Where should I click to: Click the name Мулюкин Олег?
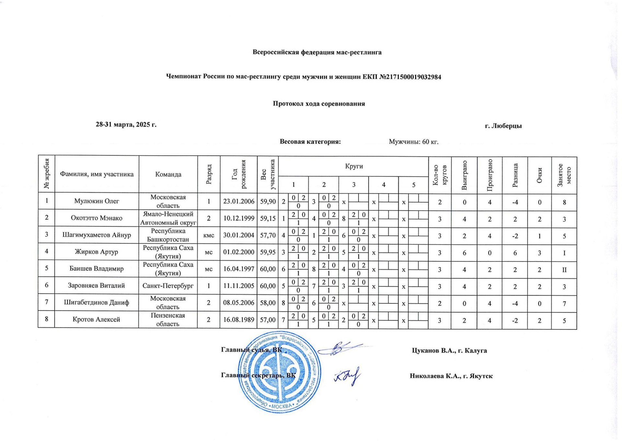click(x=97, y=201)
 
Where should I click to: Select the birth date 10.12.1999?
click(x=238, y=218)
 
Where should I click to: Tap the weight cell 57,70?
click(x=268, y=235)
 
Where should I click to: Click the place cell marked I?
click(x=564, y=253)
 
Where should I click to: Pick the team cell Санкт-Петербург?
click(x=168, y=286)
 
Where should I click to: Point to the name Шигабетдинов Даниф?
click(x=97, y=302)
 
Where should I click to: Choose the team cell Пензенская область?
click(x=168, y=319)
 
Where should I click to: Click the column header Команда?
click(x=168, y=174)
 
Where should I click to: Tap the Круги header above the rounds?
click(x=354, y=166)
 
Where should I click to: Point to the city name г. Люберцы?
click(x=503, y=126)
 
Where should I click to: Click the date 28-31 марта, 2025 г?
click(x=126, y=125)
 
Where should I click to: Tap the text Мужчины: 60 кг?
click(x=414, y=142)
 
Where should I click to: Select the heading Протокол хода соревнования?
click(x=319, y=104)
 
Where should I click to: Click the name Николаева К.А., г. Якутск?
click(x=451, y=376)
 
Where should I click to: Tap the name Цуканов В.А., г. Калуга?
click(x=449, y=350)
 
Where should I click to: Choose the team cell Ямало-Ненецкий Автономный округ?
click(x=168, y=218)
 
